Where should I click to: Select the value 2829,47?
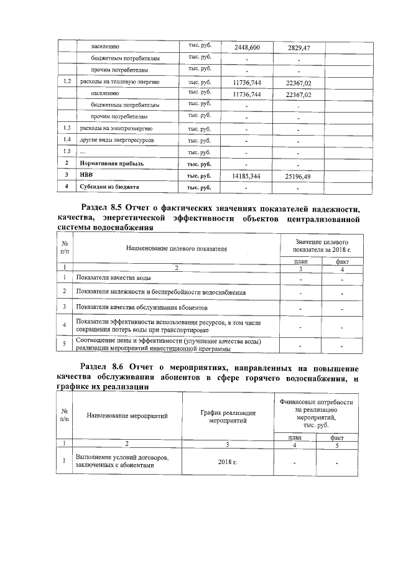[298, 47]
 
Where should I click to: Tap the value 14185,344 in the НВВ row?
[246, 177]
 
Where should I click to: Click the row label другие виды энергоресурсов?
[112, 140]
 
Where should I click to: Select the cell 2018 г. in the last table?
[228, 462]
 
